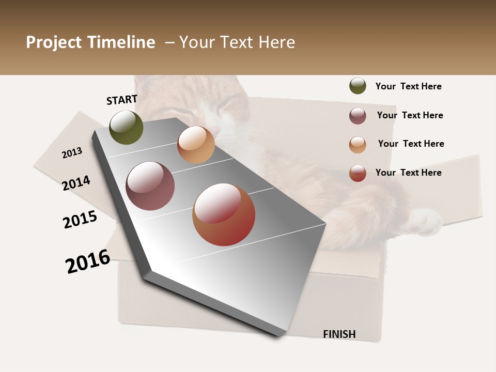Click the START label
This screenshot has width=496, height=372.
pyautogui.click(x=122, y=100)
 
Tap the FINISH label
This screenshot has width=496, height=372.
pyautogui.click(x=339, y=334)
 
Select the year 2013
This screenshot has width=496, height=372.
pyautogui.click(x=72, y=153)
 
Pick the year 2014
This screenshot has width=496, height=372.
pyautogui.click(x=76, y=183)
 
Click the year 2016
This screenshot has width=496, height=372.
pyautogui.click(x=88, y=261)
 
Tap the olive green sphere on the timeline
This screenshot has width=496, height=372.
pyautogui.click(x=127, y=127)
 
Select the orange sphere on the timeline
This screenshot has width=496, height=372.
pyautogui.click(x=196, y=145)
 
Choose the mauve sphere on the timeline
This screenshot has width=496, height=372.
pyautogui.click(x=150, y=186)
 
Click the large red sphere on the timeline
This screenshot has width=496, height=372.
pyautogui.click(x=224, y=214)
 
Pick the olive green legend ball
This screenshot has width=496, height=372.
pyautogui.click(x=358, y=86)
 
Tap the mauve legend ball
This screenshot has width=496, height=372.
pyautogui.click(x=358, y=116)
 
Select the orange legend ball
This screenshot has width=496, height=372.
pyautogui.click(x=358, y=145)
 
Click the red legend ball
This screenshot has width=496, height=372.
pyautogui.click(x=358, y=173)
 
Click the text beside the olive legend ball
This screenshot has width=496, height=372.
pyautogui.click(x=408, y=86)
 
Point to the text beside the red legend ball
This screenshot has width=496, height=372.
pyautogui.click(x=408, y=173)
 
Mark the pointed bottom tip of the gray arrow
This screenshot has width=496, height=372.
pyautogui.click(x=279, y=336)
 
